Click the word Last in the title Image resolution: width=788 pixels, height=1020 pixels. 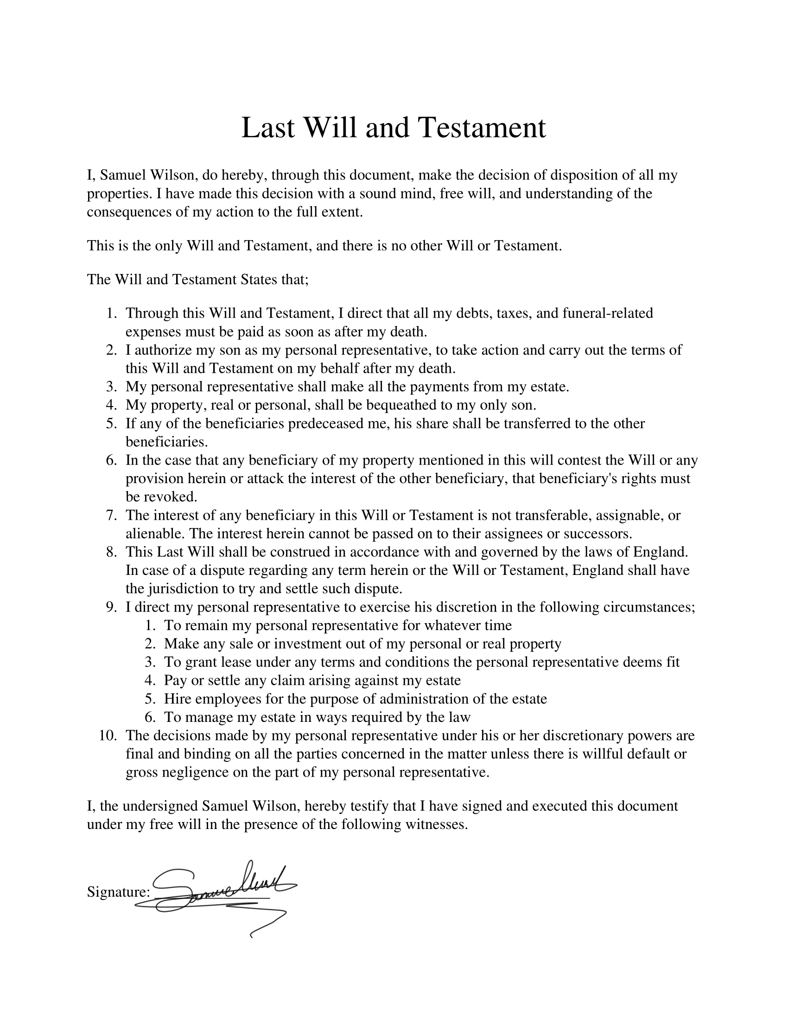tap(268, 128)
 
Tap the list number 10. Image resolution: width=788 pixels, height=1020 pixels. tap(108, 736)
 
